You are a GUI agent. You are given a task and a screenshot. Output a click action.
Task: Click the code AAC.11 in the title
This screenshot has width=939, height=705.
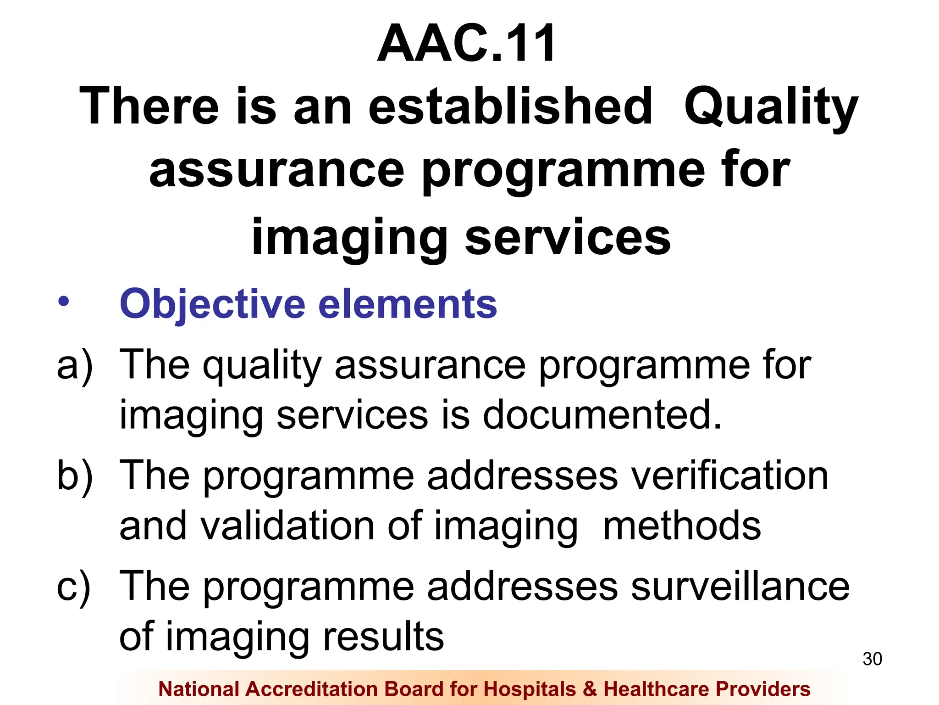(x=466, y=44)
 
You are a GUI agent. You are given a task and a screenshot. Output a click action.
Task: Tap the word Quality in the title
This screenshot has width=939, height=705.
(x=771, y=108)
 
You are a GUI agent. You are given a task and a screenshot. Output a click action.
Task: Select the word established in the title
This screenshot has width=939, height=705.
(x=510, y=106)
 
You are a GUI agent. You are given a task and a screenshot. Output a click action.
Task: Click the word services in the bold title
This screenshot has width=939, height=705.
(x=568, y=238)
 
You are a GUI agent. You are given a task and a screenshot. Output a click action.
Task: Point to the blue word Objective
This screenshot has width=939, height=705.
(x=212, y=304)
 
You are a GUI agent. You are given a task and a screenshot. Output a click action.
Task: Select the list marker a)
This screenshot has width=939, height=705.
(x=74, y=365)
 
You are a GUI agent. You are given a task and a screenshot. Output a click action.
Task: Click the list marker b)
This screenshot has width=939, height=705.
(x=74, y=476)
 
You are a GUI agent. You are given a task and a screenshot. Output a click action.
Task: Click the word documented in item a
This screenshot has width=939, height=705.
(x=602, y=414)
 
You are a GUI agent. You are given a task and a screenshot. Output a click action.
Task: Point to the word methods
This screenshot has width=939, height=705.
(x=682, y=526)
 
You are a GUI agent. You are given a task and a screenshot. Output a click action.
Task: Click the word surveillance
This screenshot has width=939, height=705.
(x=740, y=587)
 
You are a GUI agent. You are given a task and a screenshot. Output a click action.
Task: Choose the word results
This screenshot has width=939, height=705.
(x=383, y=637)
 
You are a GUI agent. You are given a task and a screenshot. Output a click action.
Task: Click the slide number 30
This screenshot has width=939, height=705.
(x=872, y=659)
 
